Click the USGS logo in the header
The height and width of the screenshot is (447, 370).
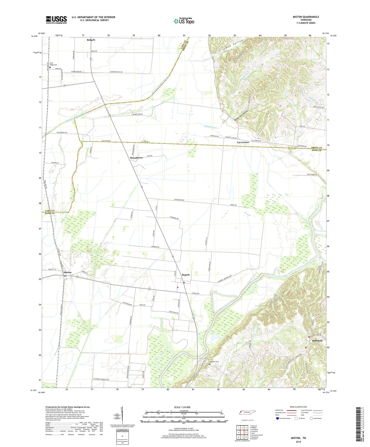56,20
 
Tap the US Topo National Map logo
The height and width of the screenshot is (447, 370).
184,21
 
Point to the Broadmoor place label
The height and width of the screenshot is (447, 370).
136,158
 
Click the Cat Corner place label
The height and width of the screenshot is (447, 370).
243,142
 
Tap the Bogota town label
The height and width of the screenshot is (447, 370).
186,275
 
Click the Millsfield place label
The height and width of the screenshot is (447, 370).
317,341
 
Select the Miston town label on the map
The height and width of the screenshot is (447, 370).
68,272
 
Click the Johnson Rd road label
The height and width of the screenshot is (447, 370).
155,247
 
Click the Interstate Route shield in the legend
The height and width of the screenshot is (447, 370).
278,418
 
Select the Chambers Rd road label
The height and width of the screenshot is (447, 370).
174,218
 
